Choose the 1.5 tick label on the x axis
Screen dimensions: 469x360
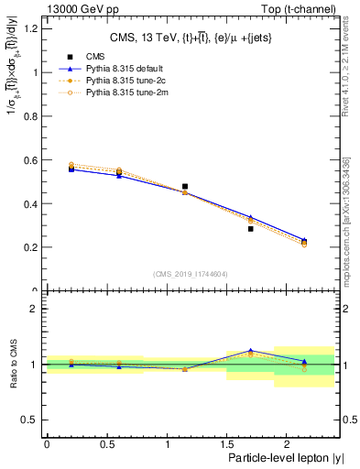pos(227,443)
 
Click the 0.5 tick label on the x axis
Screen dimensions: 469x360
pos(106,443)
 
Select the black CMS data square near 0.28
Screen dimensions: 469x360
pos(250,229)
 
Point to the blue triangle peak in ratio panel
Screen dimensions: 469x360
pos(250,351)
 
